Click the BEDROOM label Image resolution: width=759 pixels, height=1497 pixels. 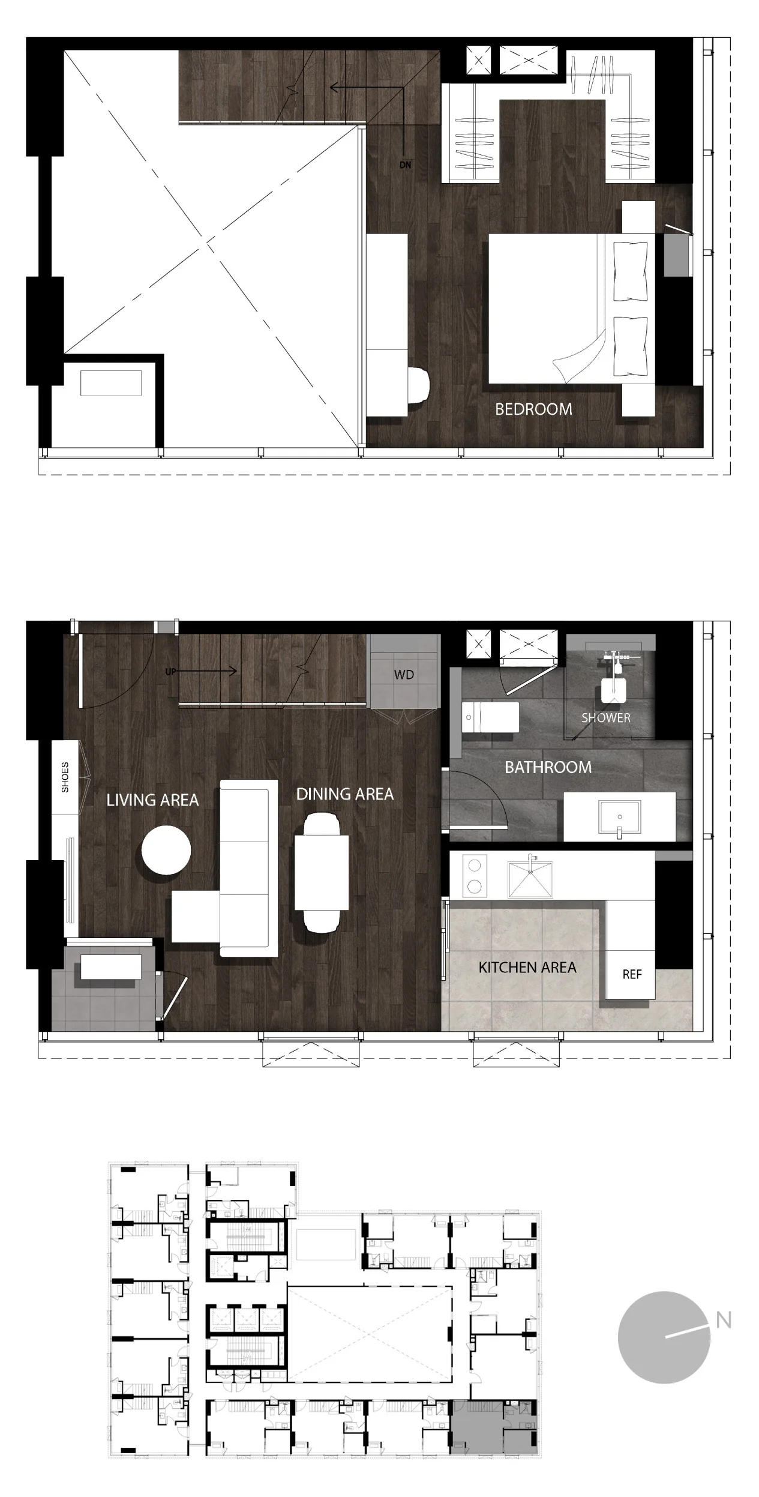(533, 409)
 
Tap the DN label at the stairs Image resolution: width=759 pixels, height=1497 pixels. (406, 164)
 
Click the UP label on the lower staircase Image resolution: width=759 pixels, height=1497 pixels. (171, 672)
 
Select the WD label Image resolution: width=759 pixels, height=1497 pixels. (404, 675)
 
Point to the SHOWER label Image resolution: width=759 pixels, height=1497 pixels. (606, 718)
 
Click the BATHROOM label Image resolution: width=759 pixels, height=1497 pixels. (548, 767)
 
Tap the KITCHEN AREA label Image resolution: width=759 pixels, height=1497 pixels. (527, 968)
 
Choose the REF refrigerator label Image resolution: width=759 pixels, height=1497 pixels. (632, 974)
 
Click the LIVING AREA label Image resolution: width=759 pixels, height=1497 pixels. (152, 800)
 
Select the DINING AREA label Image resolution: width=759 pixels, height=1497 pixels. (345, 794)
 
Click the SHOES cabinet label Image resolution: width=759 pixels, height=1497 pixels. (65, 777)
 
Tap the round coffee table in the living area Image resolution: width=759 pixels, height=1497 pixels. (166, 851)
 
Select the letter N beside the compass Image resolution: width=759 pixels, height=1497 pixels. (724, 1321)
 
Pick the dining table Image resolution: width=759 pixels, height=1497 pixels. (322, 872)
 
